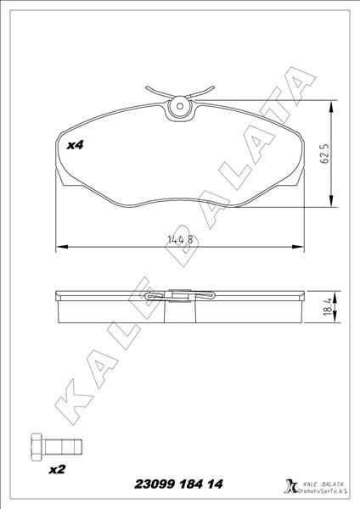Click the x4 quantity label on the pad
click(x=76, y=146)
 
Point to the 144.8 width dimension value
click(x=180, y=240)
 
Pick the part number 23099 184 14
click(x=181, y=484)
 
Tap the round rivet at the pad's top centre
click(x=179, y=108)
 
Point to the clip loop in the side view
click(x=180, y=296)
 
